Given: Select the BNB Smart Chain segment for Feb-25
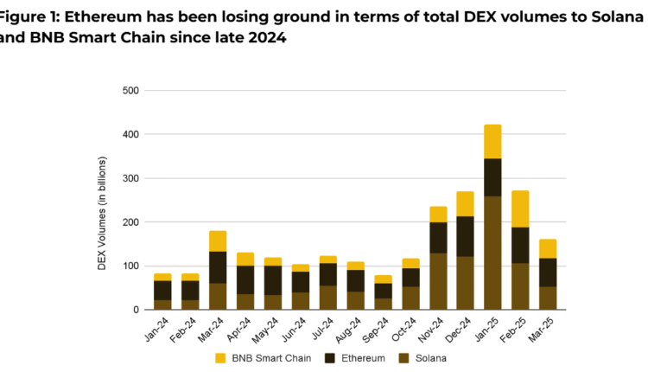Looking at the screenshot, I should pos(520,208).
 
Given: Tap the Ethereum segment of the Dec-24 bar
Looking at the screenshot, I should pos(465,236).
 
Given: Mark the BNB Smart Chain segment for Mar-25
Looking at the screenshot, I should pos(547,248).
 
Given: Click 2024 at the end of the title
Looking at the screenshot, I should pos(262,38).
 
